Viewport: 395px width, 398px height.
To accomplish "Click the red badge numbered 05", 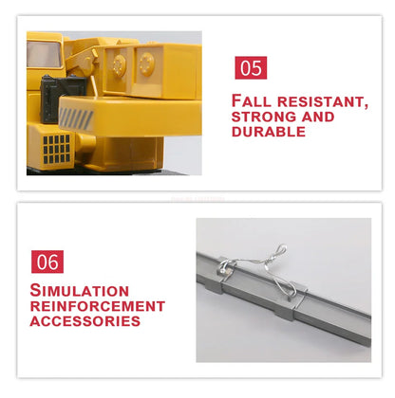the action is tap(251, 68).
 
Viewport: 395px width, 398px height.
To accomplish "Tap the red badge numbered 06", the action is tap(47, 262).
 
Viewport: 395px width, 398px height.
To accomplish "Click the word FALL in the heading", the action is tap(252, 101).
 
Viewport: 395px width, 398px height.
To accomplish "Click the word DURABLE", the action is tap(269, 132).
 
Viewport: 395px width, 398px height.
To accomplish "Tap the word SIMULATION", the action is tap(80, 291).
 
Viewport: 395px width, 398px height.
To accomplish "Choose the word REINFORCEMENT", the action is tap(98, 306).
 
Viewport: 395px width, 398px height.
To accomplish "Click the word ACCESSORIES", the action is tap(85, 321).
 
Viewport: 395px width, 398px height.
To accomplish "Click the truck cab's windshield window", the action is tap(44, 54).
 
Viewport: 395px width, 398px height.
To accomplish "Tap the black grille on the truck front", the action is tap(57, 149).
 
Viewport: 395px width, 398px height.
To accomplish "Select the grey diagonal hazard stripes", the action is tap(76, 118).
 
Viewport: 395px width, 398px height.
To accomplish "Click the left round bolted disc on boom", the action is tap(120, 64).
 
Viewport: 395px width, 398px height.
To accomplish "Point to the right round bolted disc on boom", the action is tap(147, 64).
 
